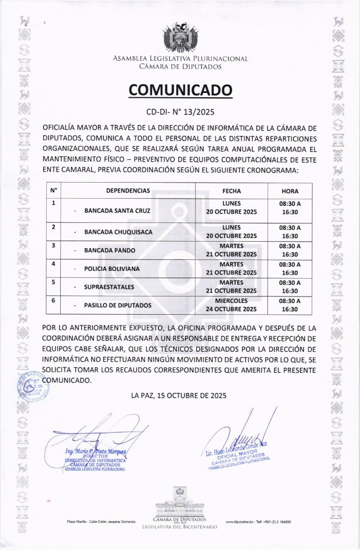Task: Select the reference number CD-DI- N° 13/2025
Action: (180, 113)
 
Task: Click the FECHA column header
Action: (232, 191)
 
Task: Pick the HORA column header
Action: (290, 191)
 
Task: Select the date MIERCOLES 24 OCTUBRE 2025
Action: (232, 305)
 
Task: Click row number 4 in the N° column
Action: (53, 264)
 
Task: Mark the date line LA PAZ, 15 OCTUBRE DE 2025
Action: (179, 396)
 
